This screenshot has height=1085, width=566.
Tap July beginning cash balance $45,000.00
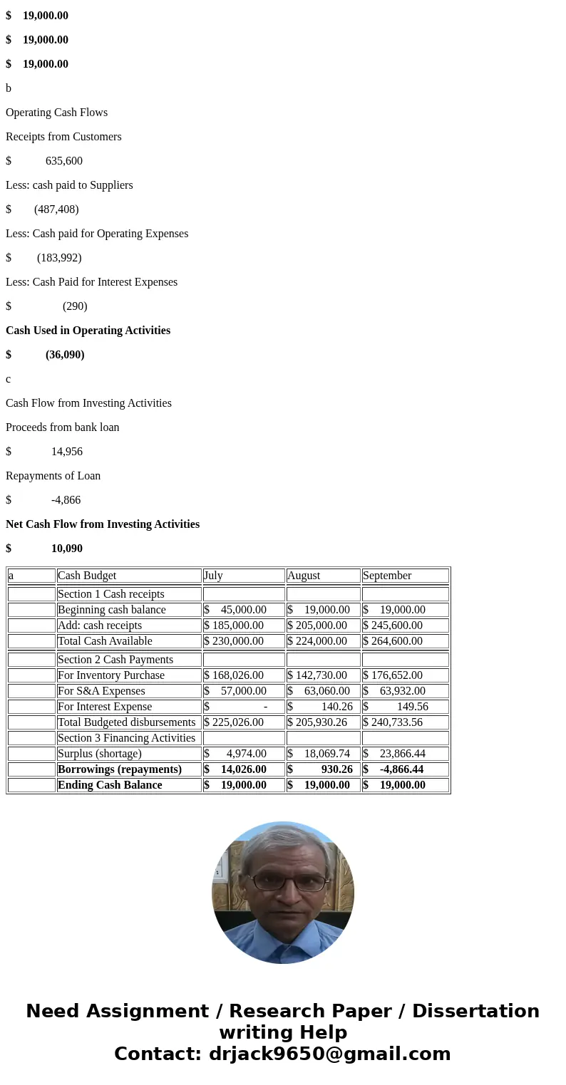tap(243, 610)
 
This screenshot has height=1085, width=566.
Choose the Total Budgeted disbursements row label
tap(126, 722)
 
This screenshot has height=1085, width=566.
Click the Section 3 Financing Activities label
tap(126, 738)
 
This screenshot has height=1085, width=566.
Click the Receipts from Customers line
tap(63, 137)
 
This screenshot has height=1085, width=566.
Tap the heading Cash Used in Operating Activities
tap(88, 331)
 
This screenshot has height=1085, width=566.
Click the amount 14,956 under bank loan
tap(66, 452)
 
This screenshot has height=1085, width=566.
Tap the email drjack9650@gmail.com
tap(329, 1054)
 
